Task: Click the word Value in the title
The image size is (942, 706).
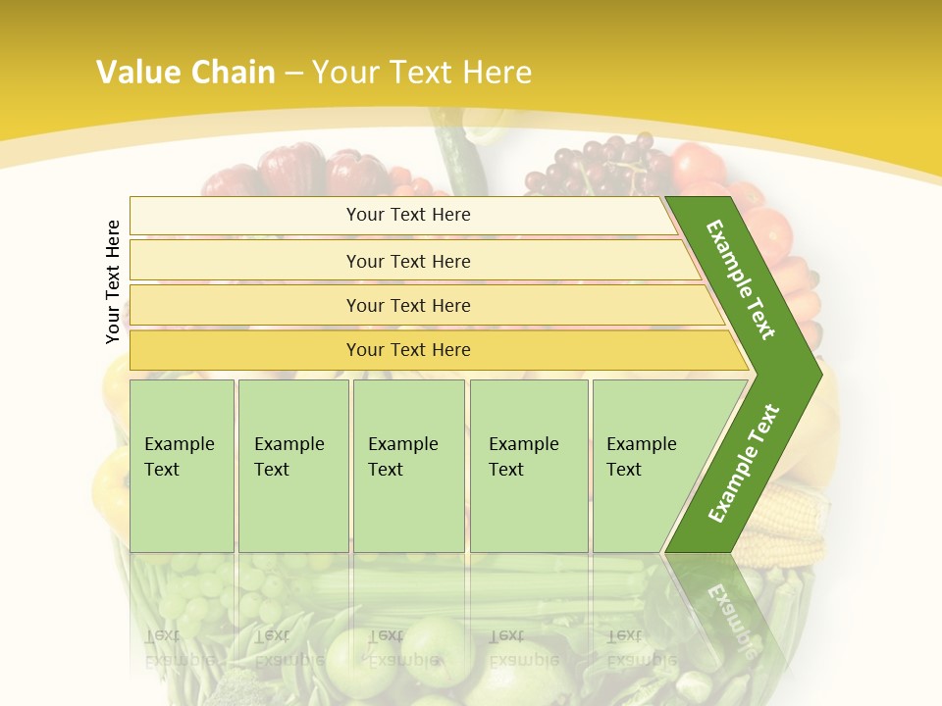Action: pos(137,73)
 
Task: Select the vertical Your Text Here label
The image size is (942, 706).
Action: pos(113,281)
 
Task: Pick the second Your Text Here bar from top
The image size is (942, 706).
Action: pos(407,261)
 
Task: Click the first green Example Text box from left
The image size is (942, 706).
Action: pos(182,465)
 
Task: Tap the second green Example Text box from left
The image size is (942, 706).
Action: pos(292,465)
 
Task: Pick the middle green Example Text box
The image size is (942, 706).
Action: pos(408,465)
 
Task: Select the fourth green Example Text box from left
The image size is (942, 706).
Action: pos(528,465)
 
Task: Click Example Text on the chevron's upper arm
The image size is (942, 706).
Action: pos(741,279)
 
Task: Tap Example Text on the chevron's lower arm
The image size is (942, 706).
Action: pos(744,463)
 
